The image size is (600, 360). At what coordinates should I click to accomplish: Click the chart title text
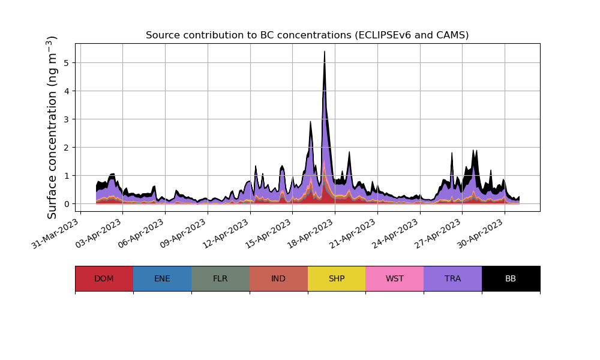click(x=307, y=35)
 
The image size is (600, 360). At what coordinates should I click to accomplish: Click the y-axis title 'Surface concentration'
click(x=52, y=127)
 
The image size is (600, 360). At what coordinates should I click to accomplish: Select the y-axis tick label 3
click(x=67, y=119)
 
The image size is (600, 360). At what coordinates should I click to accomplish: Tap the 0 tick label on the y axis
click(x=67, y=203)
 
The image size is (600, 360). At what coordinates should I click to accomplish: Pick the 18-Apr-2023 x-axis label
click(x=311, y=233)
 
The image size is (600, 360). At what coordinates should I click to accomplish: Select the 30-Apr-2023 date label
click(x=481, y=233)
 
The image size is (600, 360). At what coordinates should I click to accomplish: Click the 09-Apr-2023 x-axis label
click(x=184, y=233)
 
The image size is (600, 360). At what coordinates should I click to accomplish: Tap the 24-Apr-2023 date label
click(x=396, y=233)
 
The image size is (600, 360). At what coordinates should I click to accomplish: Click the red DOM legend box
click(x=104, y=278)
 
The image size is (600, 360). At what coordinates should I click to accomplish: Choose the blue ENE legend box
click(x=162, y=278)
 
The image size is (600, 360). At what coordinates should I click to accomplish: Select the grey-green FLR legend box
click(x=220, y=278)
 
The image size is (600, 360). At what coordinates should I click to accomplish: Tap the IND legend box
click(x=278, y=278)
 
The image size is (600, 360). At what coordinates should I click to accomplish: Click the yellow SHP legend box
click(x=337, y=278)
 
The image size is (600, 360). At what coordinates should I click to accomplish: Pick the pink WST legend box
click(x=395, y=278)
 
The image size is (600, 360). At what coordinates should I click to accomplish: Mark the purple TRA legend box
click(x=453, y=278)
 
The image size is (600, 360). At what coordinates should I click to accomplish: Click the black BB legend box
click(x=511, y=278)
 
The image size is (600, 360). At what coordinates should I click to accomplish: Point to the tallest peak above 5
click(x=325, y=52)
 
